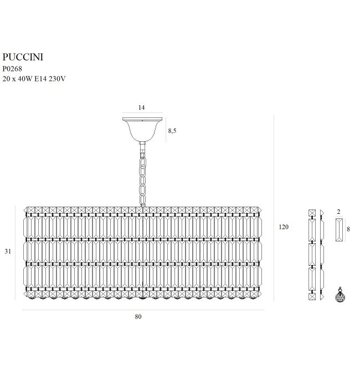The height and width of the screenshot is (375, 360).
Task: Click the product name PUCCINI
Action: tap(23, 56)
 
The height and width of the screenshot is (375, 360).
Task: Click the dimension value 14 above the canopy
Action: tap(141, 108)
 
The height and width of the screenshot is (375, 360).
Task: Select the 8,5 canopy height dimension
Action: tap(172, 131)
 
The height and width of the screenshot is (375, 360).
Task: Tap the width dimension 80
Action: tap(138, 317)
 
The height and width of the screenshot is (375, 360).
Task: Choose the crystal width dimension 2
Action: tap(338, 212)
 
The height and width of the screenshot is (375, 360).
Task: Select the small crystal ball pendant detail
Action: tap(338, 296)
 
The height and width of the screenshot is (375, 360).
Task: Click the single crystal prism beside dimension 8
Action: tap(338, 229)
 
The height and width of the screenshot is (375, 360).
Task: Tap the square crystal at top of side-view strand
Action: tap(312, 212)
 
